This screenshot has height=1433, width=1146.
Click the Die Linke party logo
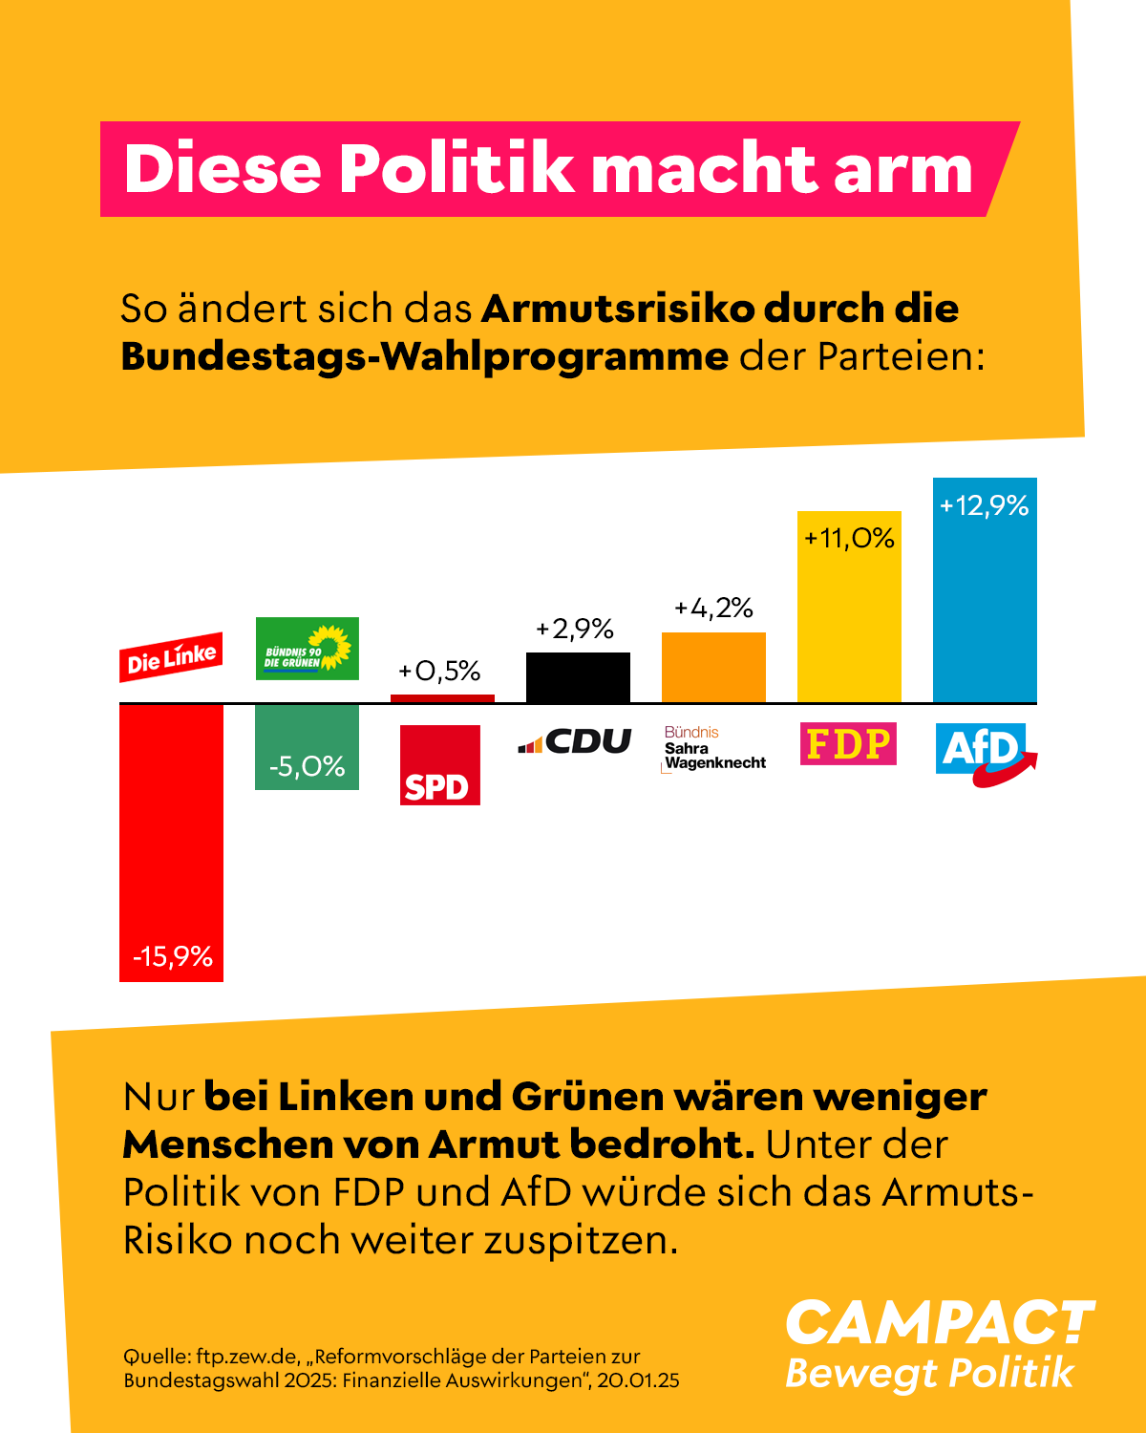click(171, 657)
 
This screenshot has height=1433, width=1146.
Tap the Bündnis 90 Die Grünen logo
click(308, 649)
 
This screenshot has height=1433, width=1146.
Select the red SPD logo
click(439, 765)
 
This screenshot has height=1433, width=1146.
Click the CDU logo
click(575, 741)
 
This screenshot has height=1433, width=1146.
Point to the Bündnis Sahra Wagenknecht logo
click(714, 748)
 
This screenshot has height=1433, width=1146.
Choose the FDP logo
click(848, 743)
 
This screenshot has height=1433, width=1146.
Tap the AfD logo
click(984, 751)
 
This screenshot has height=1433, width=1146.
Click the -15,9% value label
click(172, 956)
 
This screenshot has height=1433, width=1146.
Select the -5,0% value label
click(307, 766)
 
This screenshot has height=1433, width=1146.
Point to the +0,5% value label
click(439, 671)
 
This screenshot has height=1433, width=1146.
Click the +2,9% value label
click(575, 629)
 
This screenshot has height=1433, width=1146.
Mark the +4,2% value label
click(713, 608)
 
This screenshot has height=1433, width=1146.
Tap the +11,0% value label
click(849, 538)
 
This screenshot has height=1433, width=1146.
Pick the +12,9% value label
click(984, 505)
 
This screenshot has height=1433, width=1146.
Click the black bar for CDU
click(578, 678)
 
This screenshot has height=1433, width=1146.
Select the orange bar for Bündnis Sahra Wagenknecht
click(713, 668)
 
